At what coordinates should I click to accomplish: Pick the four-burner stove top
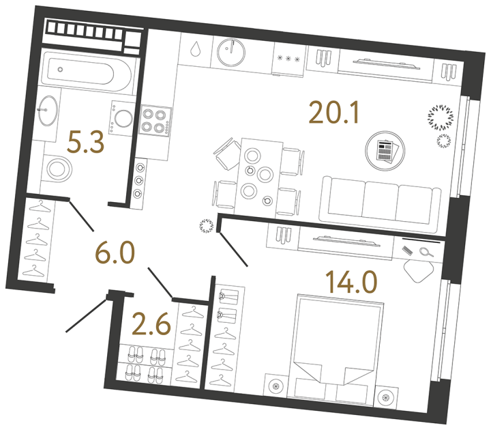click(155, 121)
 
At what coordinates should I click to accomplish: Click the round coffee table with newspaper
click(383, 149)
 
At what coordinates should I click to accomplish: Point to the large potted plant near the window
click(440, 117)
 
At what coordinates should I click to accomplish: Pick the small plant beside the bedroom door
click(205, 226)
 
